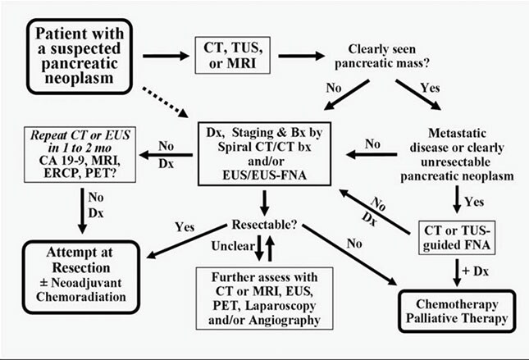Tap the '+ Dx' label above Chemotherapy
click(x=472, y=269)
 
